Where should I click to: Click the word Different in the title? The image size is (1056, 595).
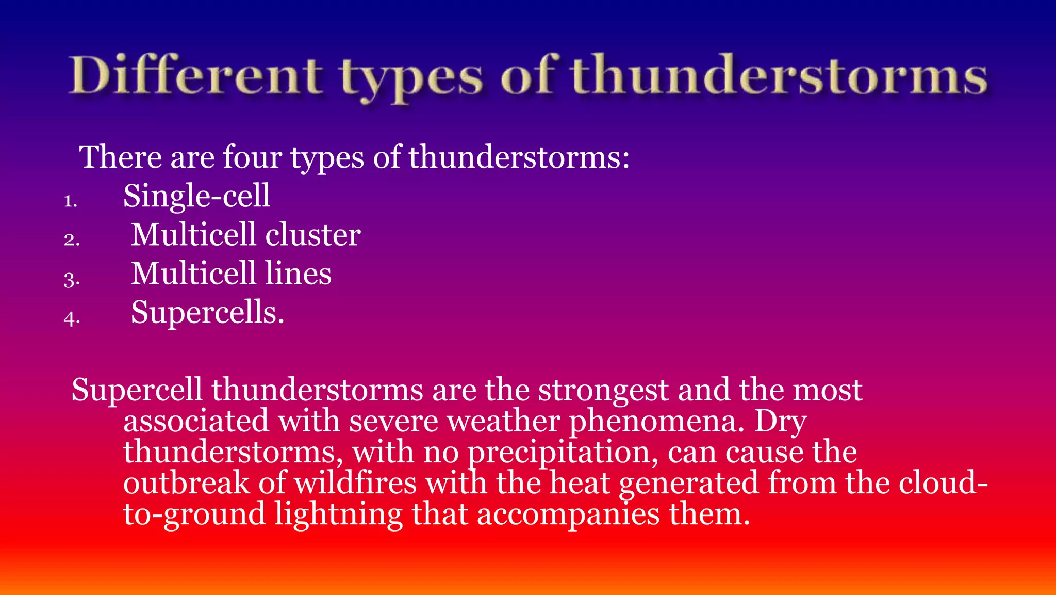coord(196,76)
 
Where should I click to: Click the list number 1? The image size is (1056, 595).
coord(70,201)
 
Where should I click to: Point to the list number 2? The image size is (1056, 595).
coord(72,239)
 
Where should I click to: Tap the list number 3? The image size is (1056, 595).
coord(72,279)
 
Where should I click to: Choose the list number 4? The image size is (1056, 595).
coord(72,318)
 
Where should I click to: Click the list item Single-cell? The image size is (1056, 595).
coord(196,196)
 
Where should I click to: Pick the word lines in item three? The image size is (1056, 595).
coord(298,274)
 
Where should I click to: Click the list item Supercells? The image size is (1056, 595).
coord(207,313)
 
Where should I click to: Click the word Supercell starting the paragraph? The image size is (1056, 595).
coord(137,391)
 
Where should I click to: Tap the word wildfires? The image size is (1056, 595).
coord(355,484)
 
